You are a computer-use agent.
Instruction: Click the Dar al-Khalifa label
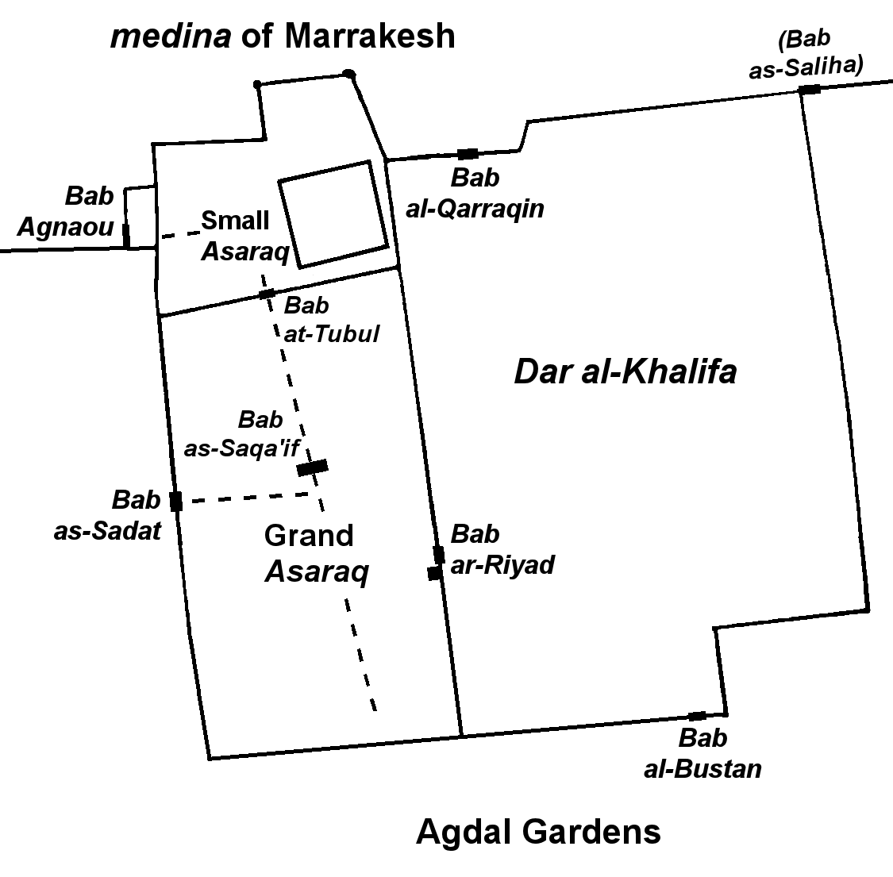[x=625, y=372]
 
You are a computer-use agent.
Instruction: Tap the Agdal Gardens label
[x=538, y=832]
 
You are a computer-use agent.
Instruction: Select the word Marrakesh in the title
[x=370, y=36]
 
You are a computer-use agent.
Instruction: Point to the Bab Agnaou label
[x=66, y=211]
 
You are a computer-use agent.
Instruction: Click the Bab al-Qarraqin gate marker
[x=468, y=154]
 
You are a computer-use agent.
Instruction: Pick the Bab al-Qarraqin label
[x=475, y=194]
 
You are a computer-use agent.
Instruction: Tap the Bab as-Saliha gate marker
[x=810, y=90]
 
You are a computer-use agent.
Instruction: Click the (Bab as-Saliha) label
[x=806, y=54]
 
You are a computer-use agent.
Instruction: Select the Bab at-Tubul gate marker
[x=267, y=294]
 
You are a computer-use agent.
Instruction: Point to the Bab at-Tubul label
[x=332, y=320]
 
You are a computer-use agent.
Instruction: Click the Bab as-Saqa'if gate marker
[x=313, y=467]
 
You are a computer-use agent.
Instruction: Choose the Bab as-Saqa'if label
[x=241, y=434]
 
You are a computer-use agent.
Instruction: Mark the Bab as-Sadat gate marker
[x=176, y=501]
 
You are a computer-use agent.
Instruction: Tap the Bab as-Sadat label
[x=108, y=515]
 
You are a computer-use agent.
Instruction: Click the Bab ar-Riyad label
[x=502, y=550]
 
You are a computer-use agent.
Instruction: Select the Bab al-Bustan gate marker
[x=697, y=716]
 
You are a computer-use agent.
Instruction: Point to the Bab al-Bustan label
[x=702, y=753]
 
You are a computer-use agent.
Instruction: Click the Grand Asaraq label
[x=317, y=553]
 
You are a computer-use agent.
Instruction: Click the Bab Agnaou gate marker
[x=126, y=235]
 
